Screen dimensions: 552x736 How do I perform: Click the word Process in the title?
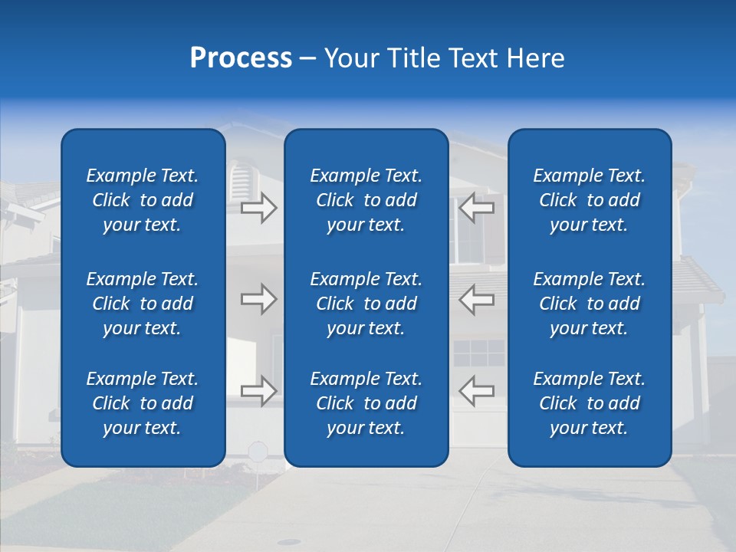point(241,58)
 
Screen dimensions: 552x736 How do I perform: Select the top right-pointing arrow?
point(258,208)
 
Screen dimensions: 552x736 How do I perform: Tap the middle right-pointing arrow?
point(258,299)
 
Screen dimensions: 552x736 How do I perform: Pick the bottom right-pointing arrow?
point(258,391)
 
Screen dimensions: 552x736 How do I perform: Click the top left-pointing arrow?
point(476,208)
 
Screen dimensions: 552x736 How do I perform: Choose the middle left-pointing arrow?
point(476,299)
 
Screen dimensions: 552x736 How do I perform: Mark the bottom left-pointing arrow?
point(476,391)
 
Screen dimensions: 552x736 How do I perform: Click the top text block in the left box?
point(143,200)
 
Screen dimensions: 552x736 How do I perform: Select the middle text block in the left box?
point(143,304)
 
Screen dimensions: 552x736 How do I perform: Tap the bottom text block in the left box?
point(143,403)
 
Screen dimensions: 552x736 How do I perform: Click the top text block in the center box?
point(366,200)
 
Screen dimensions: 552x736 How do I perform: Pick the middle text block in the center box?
point(366,304)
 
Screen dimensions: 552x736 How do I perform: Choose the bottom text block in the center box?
point(366,403)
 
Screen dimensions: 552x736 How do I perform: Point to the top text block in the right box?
point(590,200)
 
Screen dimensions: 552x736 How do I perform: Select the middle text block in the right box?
point(590,304)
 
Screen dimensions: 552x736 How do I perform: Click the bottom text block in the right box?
point(590,403)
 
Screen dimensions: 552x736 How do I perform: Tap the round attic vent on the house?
point(240,182)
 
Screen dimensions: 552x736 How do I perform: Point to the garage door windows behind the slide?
point(479,353)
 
